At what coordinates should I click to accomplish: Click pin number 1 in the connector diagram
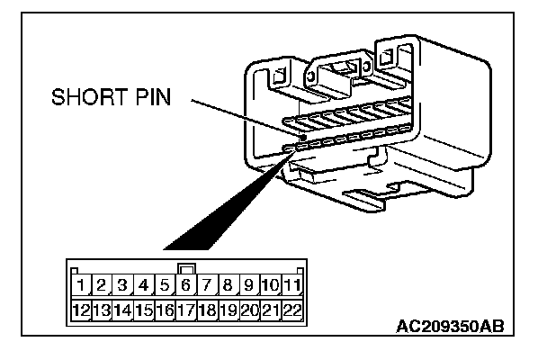(81, 286)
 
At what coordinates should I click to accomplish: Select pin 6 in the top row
(186, 286)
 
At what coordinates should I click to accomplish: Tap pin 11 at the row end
(291, 286)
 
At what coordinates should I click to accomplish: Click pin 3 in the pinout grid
(123, 286)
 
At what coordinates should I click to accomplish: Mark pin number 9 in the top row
(249, 286)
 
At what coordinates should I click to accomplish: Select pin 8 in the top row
(229, 286)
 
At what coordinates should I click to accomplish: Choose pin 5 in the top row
(166, 286)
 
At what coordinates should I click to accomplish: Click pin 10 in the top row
(270, 286)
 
